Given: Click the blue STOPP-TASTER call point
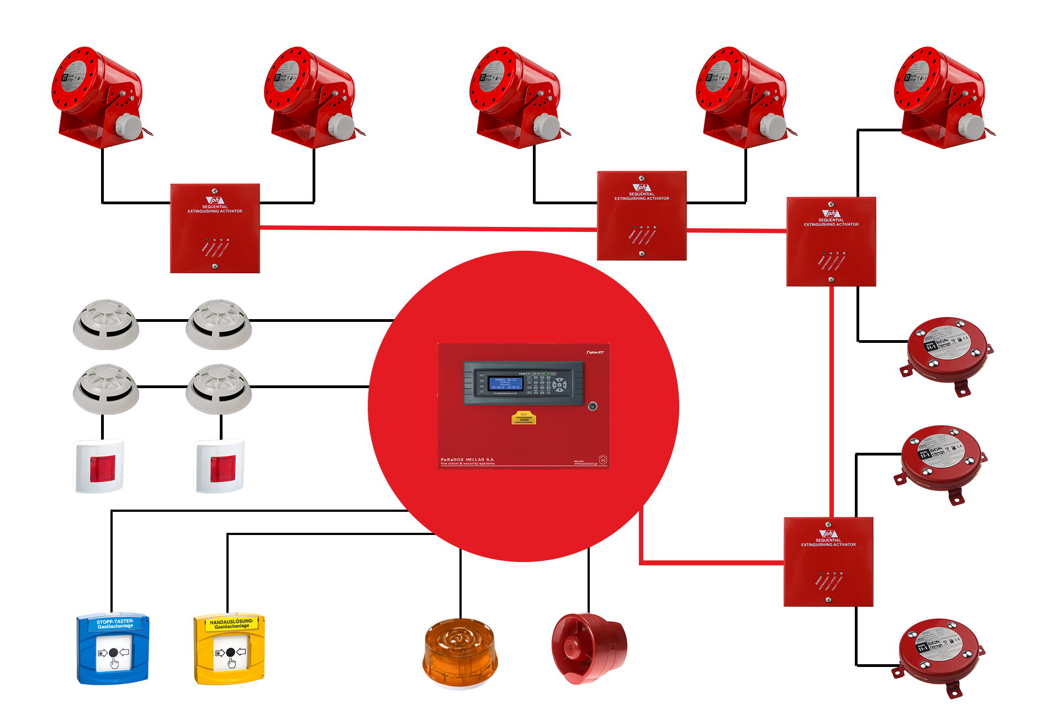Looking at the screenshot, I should pos(113,648).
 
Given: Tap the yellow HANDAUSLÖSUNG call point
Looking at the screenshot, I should pos(229,648).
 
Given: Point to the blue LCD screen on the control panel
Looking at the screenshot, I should pos(505,383).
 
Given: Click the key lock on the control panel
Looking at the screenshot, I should pos(593,406).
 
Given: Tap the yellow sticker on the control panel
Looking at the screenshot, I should pos(523,418).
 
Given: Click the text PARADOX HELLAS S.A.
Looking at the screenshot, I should pos(467,459).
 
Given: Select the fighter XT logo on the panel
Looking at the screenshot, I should pos(595,352).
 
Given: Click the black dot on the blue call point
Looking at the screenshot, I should pos(113,653).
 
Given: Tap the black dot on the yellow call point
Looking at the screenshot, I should pos(230,652).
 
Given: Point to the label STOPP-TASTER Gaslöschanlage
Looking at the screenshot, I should pos(115,624).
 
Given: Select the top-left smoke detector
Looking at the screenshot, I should pos(106,324).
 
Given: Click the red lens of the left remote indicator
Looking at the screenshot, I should pos(103,468).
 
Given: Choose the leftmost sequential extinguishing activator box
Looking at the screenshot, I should pos(215,228).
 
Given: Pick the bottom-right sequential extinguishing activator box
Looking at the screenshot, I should pos(828,562).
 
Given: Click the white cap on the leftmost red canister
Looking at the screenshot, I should pos(130,125).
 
